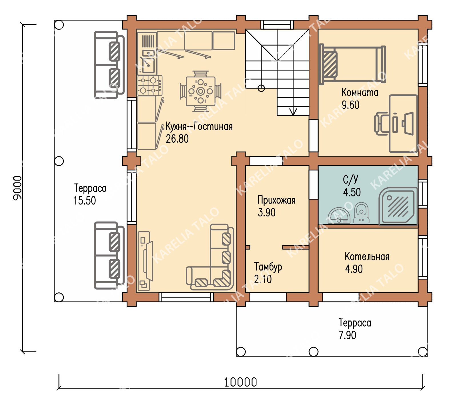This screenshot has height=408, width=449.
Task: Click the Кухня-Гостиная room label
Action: coord(199,126)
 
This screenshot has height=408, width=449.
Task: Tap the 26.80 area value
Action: coord(177,139)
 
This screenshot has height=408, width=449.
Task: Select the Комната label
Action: coord(360,93)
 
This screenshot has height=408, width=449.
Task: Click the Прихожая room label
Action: coord(276,200)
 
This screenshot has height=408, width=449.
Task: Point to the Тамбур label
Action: coord(268,267)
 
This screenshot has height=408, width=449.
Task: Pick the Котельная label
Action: coord(367,257)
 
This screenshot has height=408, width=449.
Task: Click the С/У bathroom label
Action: coord(350,180)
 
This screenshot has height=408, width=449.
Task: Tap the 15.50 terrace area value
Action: coord(85,201)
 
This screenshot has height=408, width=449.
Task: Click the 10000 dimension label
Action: coord(241,382)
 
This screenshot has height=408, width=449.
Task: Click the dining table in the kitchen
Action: coord(200,91)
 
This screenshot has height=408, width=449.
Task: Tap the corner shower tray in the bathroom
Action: coord(398,206)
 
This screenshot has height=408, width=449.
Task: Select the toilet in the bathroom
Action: coord(361,213)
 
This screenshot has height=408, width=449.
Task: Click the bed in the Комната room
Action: coord(352,65)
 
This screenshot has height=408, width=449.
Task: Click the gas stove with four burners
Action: coord(150,85)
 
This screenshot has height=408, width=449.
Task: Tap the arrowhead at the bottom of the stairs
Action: coord(293,112)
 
